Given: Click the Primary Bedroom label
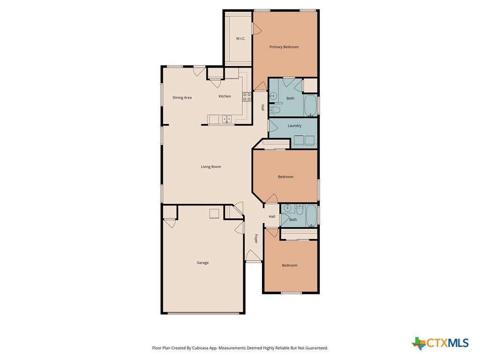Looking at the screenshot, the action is click(x=284, y=47).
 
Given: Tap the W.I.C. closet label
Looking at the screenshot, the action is click(x=240, y=38).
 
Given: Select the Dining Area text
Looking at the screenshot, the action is click(x=182, y=97).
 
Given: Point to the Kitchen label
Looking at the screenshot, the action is click(x=225, y=96).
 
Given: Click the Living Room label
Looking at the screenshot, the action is click(x=210, y=167).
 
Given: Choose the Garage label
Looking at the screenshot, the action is click(x=202, y=262).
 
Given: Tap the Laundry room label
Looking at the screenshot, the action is click(x=294, y=126).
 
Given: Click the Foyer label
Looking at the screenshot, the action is click(x=256, y=239).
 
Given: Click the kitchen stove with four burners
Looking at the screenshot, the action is click(x=247, y=97).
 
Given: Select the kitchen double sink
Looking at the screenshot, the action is click(x=226, y=119).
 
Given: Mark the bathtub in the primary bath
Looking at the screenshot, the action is click(x=310, y=106).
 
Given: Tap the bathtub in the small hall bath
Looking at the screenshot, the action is click(x=311, y=216).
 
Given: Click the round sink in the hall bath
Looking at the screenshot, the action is click(x=287, y=209).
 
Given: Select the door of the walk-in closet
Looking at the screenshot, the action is click(x=256, y=29).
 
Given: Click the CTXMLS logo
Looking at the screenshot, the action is click(x=440, y=343).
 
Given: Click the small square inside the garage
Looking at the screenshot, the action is click(x=214, y=213).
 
